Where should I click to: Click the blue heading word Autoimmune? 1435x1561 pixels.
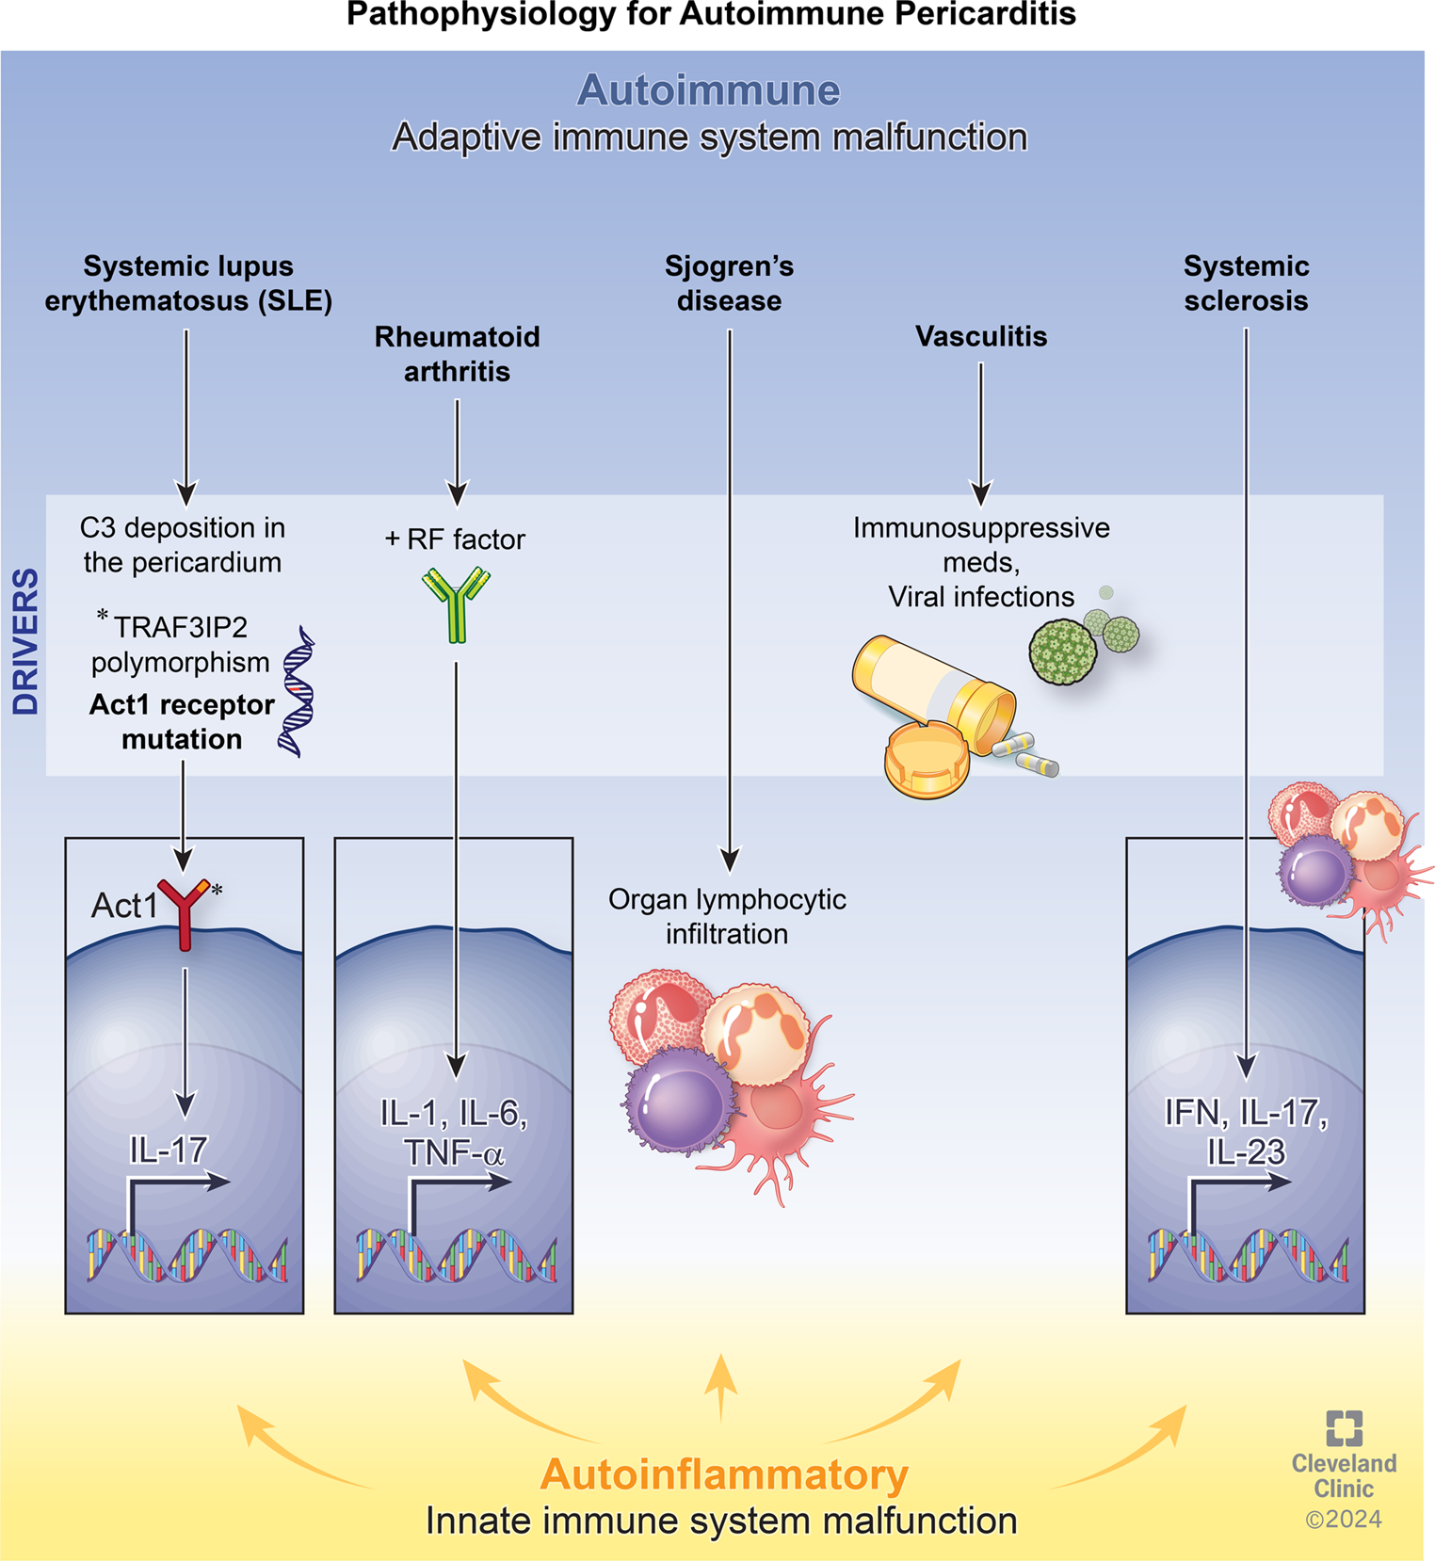(x=708, y=90)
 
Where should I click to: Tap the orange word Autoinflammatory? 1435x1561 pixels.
(x=723, y=1474)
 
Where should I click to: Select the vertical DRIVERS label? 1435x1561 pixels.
(x=26, y=640)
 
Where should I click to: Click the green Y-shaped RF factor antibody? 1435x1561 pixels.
(x=456, y=603)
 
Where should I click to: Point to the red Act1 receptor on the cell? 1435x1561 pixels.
(x=185, y=909)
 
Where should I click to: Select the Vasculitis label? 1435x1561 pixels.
(x=981, y=336)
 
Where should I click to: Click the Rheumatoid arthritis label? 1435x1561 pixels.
(x=457, y=354)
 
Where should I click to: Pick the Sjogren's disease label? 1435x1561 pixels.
(x=729, y=283)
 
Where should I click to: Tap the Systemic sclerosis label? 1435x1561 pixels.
(x=1246, y=283)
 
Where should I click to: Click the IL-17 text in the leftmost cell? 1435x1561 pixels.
(x=168, y=1150)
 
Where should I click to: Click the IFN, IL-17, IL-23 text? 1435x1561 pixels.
(x=1246, y=1132)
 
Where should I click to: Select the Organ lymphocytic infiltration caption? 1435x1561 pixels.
(x=727, y=916)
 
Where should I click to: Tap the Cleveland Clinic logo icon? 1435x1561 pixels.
(x=1344, y=1427)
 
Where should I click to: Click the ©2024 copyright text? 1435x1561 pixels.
(x=1344, y=1519)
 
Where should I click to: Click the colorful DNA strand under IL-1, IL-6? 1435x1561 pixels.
(x=456, y=1256)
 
